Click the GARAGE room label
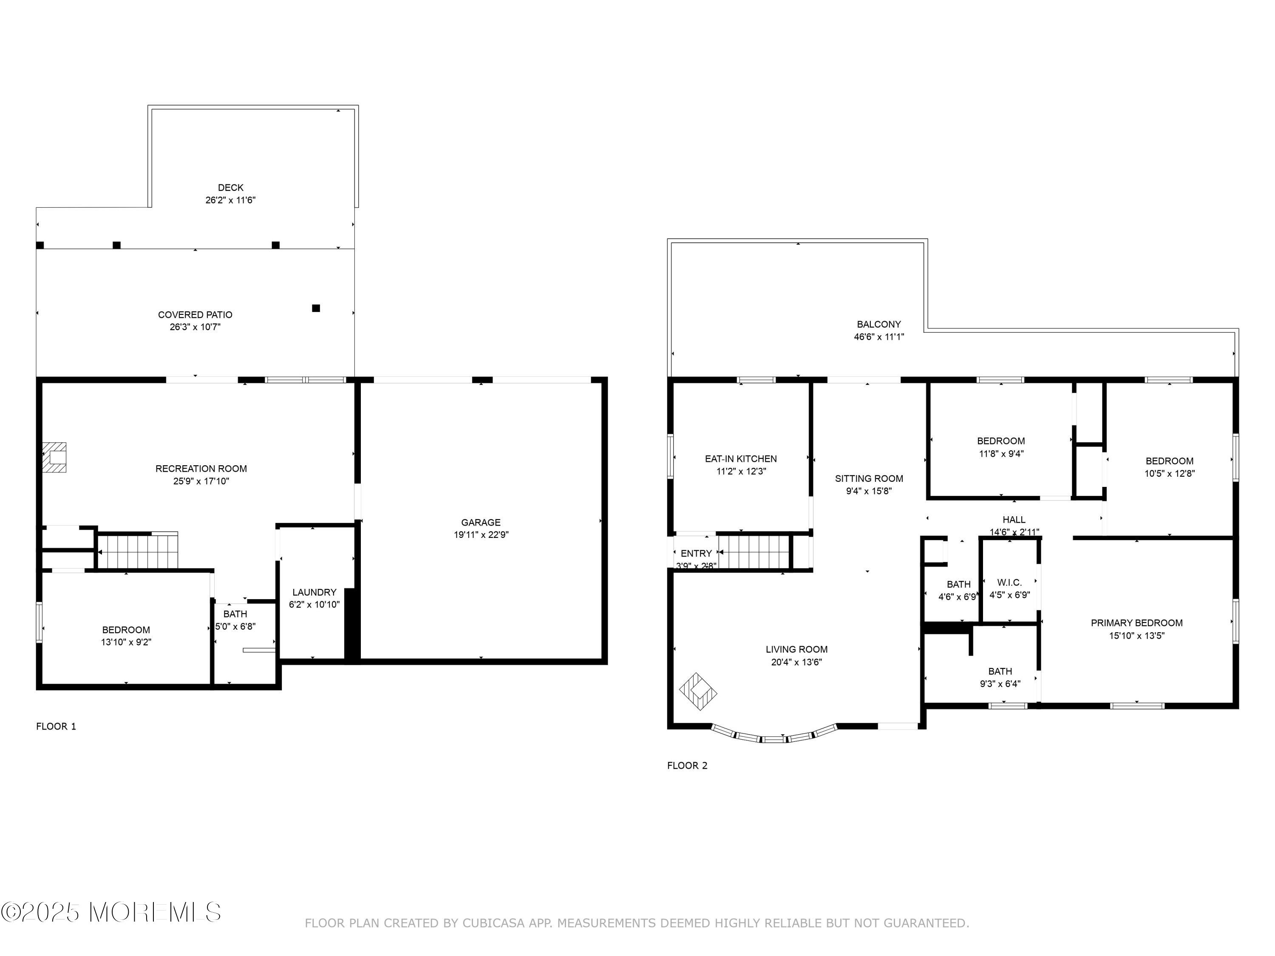480,522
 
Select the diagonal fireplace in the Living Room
698,691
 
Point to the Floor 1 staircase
137,552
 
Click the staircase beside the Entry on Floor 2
754,552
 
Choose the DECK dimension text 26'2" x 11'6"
230,200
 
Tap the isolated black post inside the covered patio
316,308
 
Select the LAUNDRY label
314,592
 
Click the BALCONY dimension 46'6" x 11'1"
878,337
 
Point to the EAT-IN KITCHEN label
741,459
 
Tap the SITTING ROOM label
869,478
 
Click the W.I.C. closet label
1009,583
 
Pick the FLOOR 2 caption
687,765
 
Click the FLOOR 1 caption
56,726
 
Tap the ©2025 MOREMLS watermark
110,912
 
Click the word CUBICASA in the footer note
493,923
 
